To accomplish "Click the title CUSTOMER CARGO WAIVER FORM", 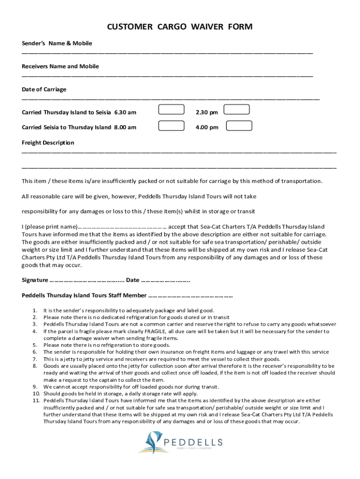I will tap(180, 27).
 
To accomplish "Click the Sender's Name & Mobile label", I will tap(57, 44).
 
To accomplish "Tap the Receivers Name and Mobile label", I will tap(60, 66).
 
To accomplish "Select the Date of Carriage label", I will tap(44, 89).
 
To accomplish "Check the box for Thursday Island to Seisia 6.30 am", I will tap(171, 109).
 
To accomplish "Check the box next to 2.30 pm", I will tap(237, 109).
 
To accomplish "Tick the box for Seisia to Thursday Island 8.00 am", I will tap(171, 125).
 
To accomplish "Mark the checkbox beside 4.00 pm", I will tap(239, 125).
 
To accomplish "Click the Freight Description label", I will tap(48, 143).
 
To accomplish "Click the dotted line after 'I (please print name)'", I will tap(122, 227).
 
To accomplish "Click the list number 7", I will tap(35, 359).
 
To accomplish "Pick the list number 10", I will tap(35, 393).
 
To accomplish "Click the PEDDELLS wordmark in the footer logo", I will tap(193, 442).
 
